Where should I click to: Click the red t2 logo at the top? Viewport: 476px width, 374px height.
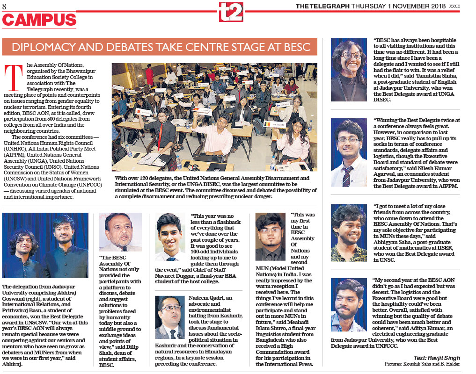click(231, 12)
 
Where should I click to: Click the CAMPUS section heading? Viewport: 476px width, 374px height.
click(39, 20)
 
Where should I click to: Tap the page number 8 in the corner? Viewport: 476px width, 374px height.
click(4, 6)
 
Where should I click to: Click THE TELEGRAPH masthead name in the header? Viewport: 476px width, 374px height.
click(322, 6)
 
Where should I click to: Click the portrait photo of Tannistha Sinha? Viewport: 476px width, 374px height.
click(349, 70)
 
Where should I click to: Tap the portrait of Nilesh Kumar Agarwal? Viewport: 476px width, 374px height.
click(349, 152)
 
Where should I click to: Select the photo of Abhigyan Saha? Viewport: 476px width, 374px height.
click(349, 232)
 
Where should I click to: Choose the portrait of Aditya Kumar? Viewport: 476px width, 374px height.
click(349, 305)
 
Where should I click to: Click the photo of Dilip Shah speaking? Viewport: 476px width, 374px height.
click(121, 232)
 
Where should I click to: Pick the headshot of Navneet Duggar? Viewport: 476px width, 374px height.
click(170, 237)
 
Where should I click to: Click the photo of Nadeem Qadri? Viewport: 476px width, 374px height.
click(170, 317)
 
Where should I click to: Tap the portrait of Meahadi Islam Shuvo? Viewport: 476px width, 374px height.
click(271, 237)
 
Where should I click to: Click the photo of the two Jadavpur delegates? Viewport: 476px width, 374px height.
click(45, 245)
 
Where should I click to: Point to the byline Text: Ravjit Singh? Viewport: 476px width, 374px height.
click(433, 358)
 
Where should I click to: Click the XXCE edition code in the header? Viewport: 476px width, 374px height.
click(454, 6)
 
